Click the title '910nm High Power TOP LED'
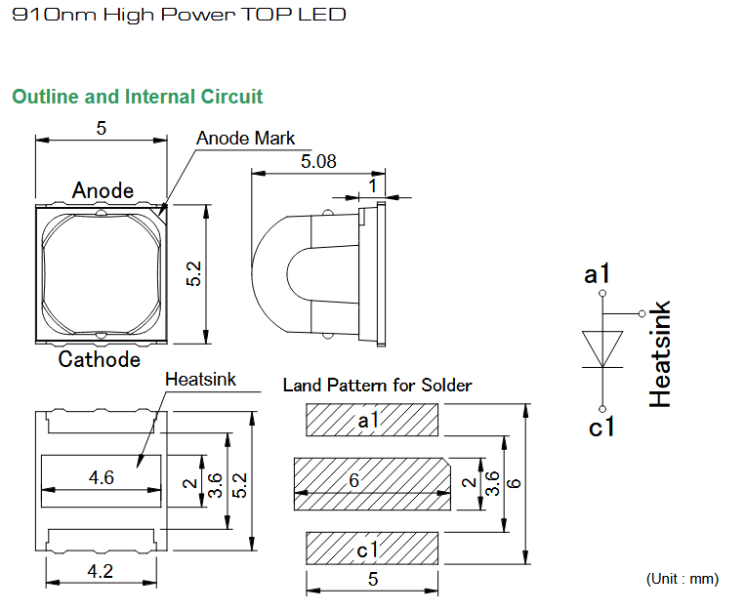tap(179, 15)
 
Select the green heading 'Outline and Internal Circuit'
tap(137, 97)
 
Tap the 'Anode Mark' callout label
tap(245, 139)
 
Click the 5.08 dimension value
tap(318, 162)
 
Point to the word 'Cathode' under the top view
tap(99, 359)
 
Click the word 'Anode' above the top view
tap(103, 190)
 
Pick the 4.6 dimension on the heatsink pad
tap(101, 477)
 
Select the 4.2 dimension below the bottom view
tap(101, 571)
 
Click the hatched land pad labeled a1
tap(372, 420)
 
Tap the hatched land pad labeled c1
tap(372, 549)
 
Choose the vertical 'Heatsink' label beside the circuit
tap(660, 353)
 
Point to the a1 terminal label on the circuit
tap(597, 274)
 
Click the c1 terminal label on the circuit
tap(601, 427)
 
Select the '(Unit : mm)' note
tap(683, 579)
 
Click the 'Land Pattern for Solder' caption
tap(377, 386)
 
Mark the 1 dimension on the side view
tap(373, 185)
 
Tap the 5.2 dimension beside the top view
tap(193, 273)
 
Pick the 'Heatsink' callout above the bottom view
tap(200, 380)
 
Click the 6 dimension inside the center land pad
tap(354, 480)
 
